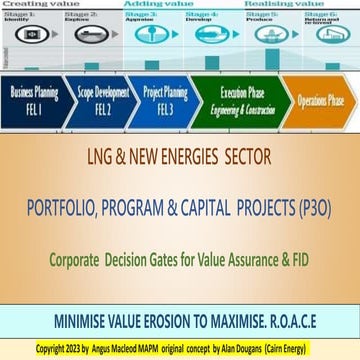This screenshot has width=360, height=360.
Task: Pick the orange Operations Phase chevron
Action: (x=315, y=103)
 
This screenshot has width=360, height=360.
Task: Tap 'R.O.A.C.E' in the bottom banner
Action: (x=292, y=295)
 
